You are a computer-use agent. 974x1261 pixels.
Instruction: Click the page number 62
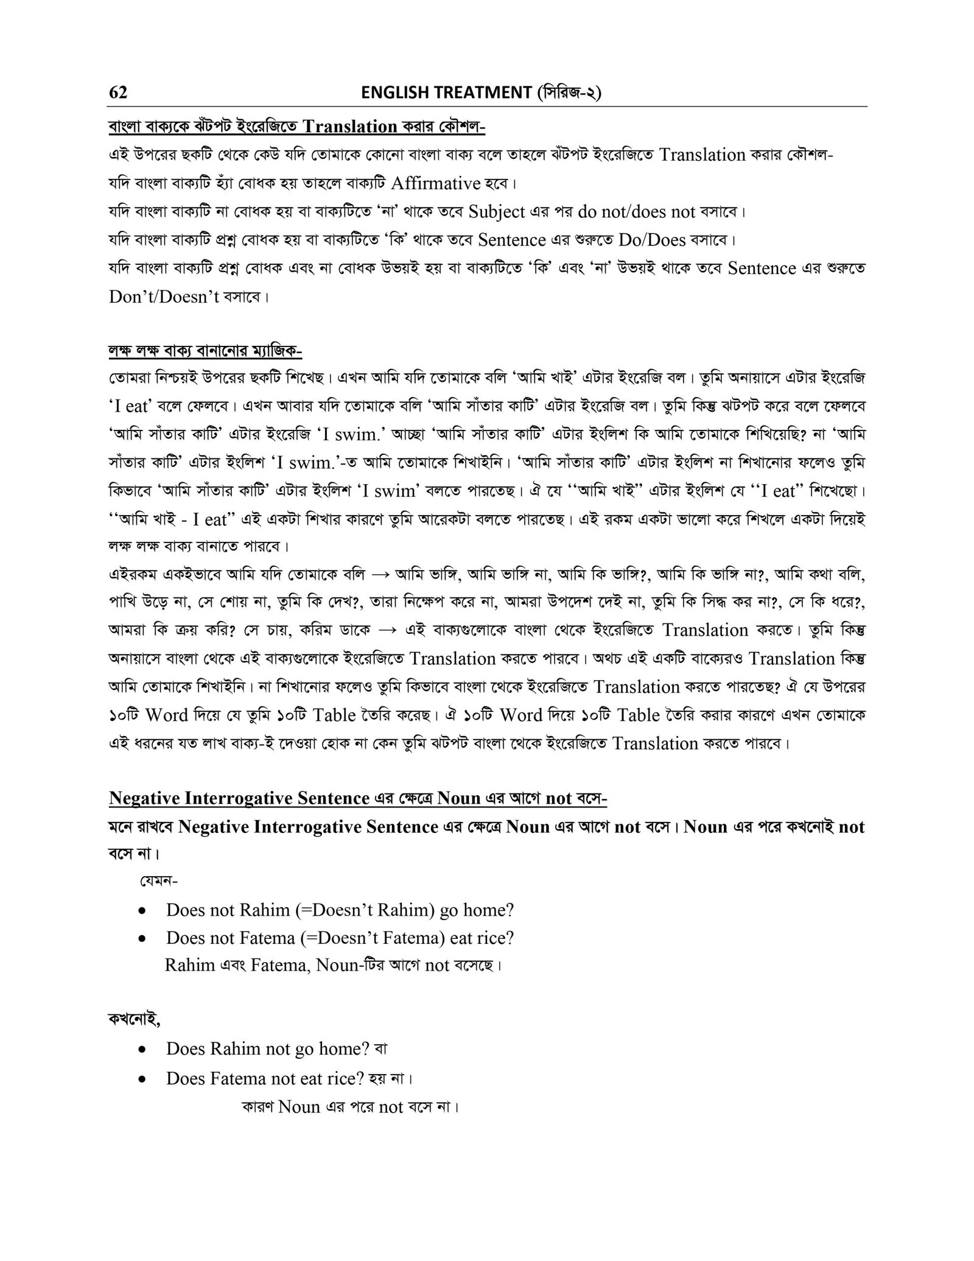[x=118, y=92]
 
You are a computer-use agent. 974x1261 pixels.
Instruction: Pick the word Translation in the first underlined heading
[x=349, y=127]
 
